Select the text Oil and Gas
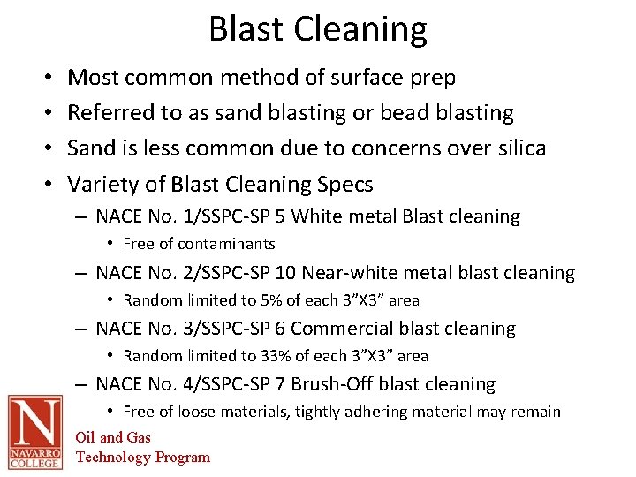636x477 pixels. point(113,437)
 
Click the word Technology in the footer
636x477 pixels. point(113,457)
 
